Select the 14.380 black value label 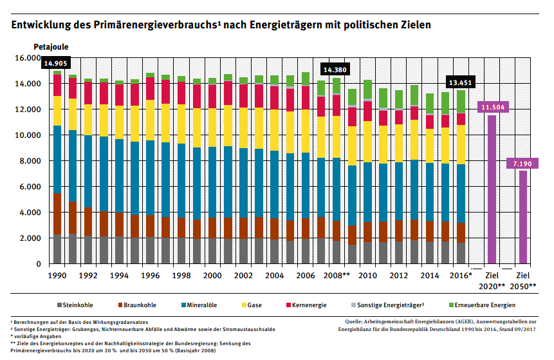point(335,70)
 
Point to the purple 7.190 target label point(522,165)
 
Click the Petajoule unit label point(51,47)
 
